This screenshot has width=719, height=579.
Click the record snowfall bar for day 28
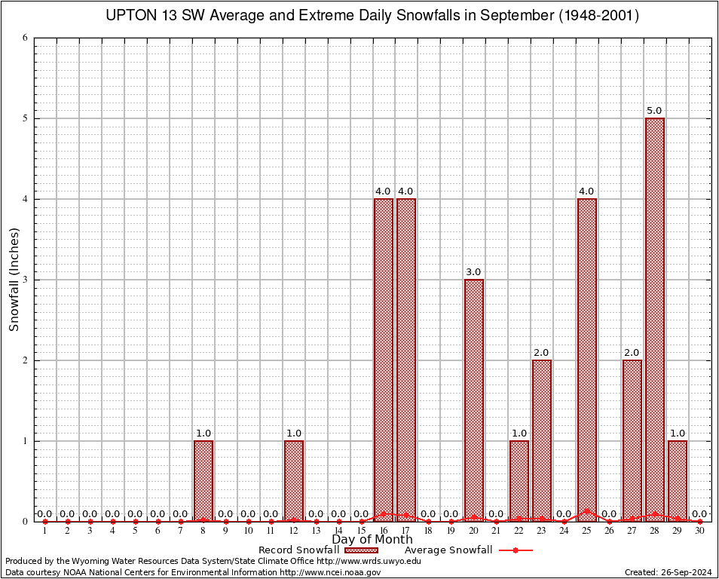click(x=655, y=320)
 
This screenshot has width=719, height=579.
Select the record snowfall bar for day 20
click(x=474, y=400)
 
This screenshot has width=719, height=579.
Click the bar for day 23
click(x=542, y=440)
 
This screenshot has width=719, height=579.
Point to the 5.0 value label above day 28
click(x=654, y=111)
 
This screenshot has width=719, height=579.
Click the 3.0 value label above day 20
click(x=473, y=272)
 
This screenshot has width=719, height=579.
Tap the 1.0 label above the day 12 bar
click(x=293, y=433)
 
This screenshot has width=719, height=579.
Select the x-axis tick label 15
click(x=361, y=532)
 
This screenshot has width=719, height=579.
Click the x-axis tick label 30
click(x=699, y=532)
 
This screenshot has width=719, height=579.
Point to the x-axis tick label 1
click(x=44, y=532)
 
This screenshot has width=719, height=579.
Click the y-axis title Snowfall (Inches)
click(x=14, y=280)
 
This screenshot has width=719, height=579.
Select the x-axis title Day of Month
click(x=372, y=540)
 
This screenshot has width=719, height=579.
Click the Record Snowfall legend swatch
click(x=361, y=550)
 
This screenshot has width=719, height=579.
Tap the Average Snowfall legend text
click(x=448, y=550)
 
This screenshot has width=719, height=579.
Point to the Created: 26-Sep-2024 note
click(x=668, y=572)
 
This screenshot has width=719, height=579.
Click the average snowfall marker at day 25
click(x=587, y=511)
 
